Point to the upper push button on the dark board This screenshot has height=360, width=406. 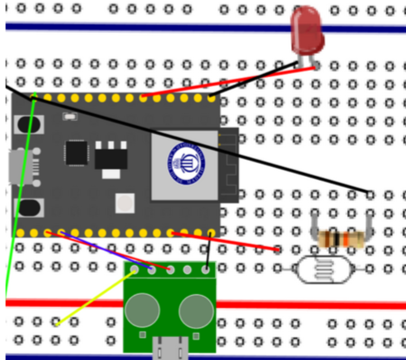(29, 124)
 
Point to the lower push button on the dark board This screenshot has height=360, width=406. (29, 207)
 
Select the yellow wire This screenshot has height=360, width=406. (95, 297)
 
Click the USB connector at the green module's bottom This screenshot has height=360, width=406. (170, 348)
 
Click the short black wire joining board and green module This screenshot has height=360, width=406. (209, 250)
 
